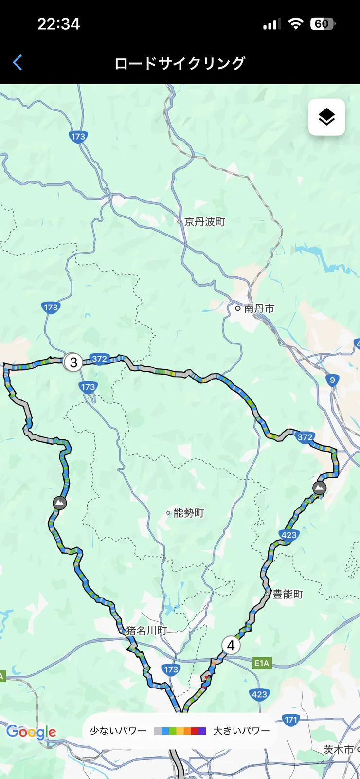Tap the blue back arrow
click(x=18, y=63)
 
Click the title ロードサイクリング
click(x=180, y=63)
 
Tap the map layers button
click(x=326, y=117)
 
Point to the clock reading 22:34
click(x=58, y=24)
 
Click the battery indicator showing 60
click(x=322, y=24)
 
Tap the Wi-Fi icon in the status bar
click(x=295, y=24)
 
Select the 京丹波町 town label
click(x=204, y=222)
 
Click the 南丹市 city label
click(x=259, y=308)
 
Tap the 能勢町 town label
click(x=188, y=513)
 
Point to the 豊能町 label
click(x=287, y=594)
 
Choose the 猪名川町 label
click(x=146, y=631)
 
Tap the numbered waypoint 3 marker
click(x=73, y=362)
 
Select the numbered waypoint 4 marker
click(x=231, y=645)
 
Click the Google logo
click(x=31, y=732)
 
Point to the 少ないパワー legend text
click(x=118, y=731)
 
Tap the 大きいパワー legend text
click(x=241, y=731)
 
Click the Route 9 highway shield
click(x=332, y=380)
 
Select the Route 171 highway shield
click(x=290, y=720)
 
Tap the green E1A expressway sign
click(x=262, y=663)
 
